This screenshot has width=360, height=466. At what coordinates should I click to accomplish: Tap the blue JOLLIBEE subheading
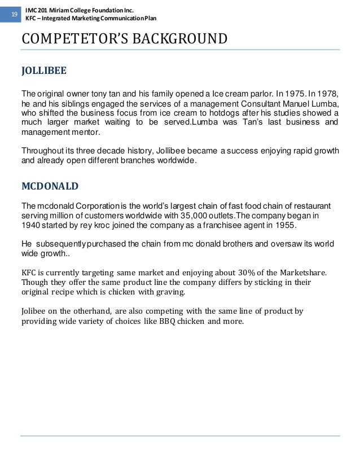[43, 72]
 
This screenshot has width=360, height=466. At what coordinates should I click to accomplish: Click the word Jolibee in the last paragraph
[34, 311]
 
